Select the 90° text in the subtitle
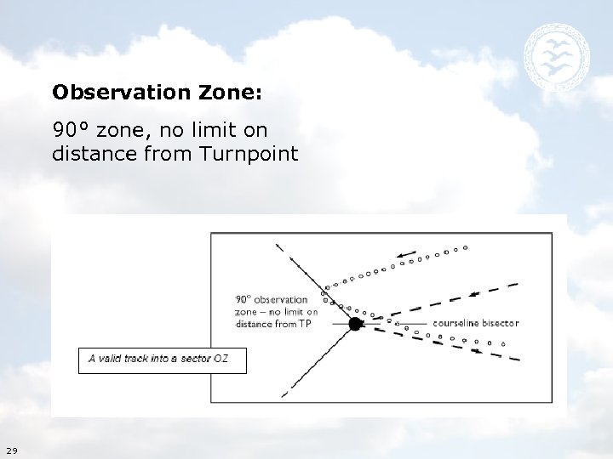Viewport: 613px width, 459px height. (x=72, y=130)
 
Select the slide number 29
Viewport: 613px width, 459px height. (x=11, y=450)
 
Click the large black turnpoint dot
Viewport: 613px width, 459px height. (x=356, y=323)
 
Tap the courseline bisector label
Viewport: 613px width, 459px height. (x=475, y=323)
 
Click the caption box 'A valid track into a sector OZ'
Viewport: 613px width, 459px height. (x=163, y=359)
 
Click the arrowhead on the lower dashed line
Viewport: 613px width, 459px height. (x=477, y=349)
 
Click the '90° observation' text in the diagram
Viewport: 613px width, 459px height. (x=271, y=299)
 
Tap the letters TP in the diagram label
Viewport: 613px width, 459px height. (x=305, y=324)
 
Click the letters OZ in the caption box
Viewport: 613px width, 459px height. (x=221, y=359)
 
